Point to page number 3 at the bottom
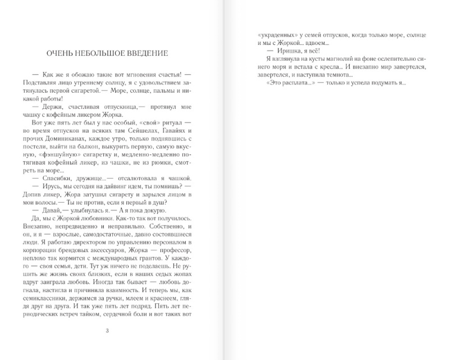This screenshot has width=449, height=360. tap(107, 330)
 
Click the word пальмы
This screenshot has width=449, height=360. tap(168, 91)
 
